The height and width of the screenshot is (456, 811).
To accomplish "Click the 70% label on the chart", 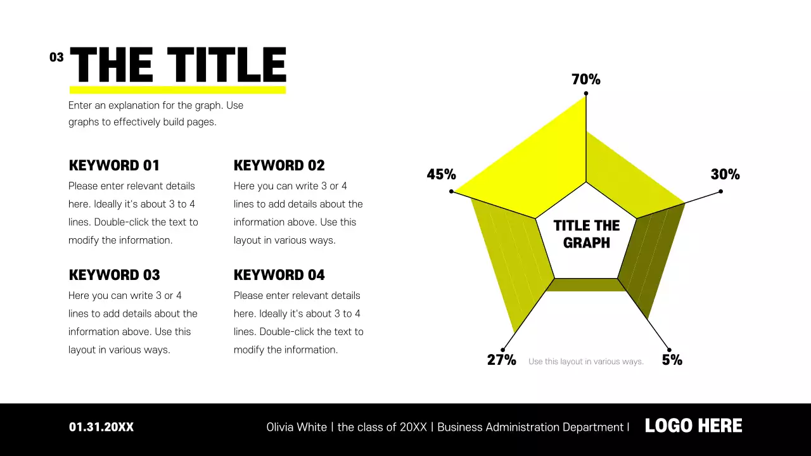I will tap(585, 80).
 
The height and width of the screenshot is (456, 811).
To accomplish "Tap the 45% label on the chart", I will tap(441, 175).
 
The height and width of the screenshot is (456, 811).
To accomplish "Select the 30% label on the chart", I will tap(725, 175).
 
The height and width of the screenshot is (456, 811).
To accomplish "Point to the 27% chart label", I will tap(501, 360).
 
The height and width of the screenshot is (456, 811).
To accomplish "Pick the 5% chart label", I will tap(672, 360).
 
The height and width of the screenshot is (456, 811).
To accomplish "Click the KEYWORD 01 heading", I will tap(114, 166).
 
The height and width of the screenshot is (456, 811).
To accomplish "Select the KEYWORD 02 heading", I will tap(279, 166).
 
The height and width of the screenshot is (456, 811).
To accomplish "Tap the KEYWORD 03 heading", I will tap(114, 275).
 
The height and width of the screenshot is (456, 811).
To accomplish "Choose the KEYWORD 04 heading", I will tap(279, 275).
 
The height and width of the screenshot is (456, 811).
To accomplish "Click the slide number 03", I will tap(56, 58).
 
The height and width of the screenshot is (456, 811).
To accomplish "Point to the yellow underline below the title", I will tap(177, 90).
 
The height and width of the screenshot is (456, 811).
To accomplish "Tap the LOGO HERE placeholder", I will tap(693, 426).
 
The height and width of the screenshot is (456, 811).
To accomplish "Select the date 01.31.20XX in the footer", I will tap(101, 427).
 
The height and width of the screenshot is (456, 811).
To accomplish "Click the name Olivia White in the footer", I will tap(297, 427).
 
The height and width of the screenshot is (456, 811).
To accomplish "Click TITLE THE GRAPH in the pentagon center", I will tap(586, 234).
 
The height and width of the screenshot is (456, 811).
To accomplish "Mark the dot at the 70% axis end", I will tap(585, 94).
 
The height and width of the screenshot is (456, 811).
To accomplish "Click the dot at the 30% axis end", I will tap(720, 191).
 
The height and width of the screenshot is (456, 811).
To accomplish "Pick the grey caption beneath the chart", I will tap(585, 362).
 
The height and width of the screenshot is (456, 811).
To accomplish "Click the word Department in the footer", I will tap(592, 427).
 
